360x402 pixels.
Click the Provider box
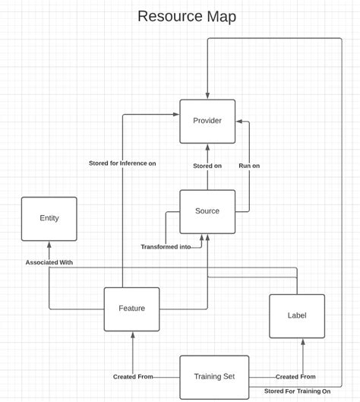pos(207,121)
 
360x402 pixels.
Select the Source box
pos(207,211)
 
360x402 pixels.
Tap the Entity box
pos(49,219)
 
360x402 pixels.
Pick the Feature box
pos(131,309)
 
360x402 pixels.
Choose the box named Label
pos(297,315)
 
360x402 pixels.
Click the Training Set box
pos(214,377)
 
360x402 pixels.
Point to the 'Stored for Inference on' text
pos(122,163)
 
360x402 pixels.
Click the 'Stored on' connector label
pos(207,166)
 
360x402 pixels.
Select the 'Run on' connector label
pos(249,166)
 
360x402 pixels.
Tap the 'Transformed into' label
pos(166,247)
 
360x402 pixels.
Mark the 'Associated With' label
pos(49,262)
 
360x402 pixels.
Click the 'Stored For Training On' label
pos(297,391)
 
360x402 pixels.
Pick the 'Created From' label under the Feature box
pos(133,377)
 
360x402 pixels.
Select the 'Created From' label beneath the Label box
pos(295,377)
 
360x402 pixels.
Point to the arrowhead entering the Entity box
pos(49,245)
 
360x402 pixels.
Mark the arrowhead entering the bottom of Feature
pos(132,335)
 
